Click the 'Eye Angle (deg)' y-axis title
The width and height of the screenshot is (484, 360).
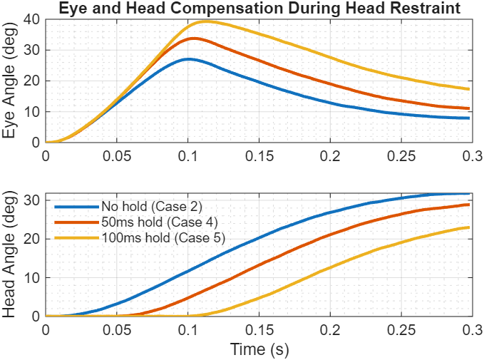tap(10, 81)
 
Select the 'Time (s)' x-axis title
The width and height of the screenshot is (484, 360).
tap(257, 350)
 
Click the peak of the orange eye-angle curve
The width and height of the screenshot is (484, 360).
tap(192, 38)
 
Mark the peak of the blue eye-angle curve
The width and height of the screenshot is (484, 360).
tap(187, 59)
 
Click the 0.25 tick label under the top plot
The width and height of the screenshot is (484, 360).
tap(399, 155)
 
